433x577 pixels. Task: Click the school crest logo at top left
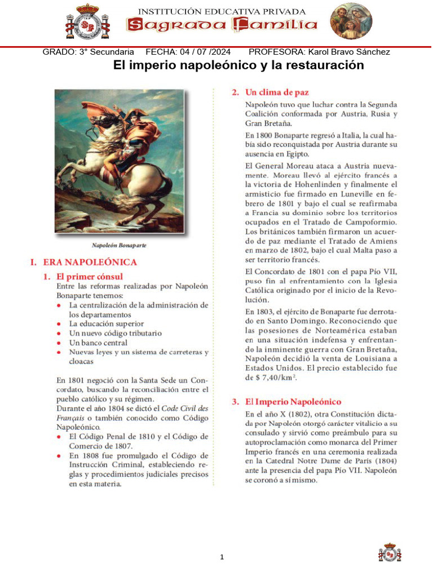[x=87, y=23]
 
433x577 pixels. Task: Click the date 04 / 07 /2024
[x=205, y=52]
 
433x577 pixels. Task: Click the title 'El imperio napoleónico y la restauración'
[x=238, y=65]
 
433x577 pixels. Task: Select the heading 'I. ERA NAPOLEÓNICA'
[x=83, y=262]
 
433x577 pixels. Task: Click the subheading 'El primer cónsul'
[x=90, y=276]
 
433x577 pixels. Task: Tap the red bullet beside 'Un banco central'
[x=60, y=343]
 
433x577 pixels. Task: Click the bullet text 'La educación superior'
[x=107, y=324]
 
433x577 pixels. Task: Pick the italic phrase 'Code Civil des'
[x=184, y=408]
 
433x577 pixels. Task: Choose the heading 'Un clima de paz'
[x=277, y=92]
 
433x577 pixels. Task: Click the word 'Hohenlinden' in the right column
[x=315, y=184]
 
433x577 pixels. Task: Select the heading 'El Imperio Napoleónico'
[x=293, y=402]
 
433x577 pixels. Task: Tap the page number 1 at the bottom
[x=222, y=557]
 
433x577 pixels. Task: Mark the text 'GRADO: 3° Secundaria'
[x=89, y=52]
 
